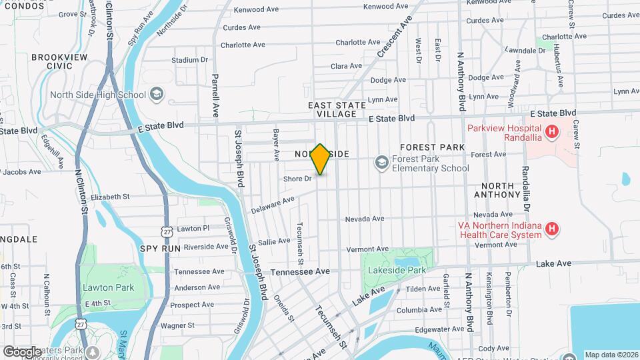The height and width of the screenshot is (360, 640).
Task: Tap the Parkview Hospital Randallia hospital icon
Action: (x=551, y=132)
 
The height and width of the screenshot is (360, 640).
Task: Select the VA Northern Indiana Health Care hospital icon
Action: (x=551, y=230)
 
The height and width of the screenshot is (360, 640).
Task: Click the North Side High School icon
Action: (x=156, y=95)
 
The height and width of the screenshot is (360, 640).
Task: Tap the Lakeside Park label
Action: (x=397, y=271)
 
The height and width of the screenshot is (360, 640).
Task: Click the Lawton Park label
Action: (x=109, y=288)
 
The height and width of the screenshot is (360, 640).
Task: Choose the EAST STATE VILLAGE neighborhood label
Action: (x=337, y=110)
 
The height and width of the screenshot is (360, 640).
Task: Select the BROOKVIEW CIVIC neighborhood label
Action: (x=59, y=62)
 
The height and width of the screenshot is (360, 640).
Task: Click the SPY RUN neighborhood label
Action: (x=160, y=248)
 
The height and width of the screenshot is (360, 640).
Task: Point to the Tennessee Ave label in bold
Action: (x=300, y=272)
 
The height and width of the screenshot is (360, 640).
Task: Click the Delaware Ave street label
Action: (x=273, y=205)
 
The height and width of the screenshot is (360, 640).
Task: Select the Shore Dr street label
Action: (x=297, y=179)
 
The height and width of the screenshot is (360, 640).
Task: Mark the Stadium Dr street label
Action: (x=189, y=60)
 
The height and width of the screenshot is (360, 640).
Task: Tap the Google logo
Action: (x=22, y=351)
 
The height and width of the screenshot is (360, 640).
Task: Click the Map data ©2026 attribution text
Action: (x=611, y=355)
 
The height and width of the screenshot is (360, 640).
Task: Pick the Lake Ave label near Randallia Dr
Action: (x=553, y=264)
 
